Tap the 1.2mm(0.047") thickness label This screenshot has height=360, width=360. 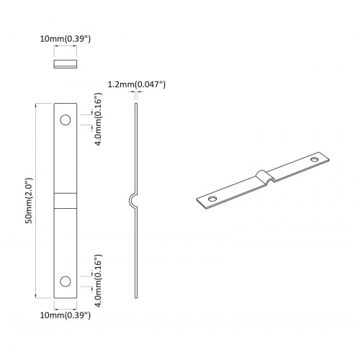136,84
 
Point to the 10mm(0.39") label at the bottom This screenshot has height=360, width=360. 66,315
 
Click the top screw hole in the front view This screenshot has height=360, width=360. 66,120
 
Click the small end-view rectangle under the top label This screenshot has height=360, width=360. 66,65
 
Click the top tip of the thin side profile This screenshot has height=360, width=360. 136,104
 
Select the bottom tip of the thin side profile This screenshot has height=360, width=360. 136,296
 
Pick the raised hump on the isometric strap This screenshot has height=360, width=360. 264,176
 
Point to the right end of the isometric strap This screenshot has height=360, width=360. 328,156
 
